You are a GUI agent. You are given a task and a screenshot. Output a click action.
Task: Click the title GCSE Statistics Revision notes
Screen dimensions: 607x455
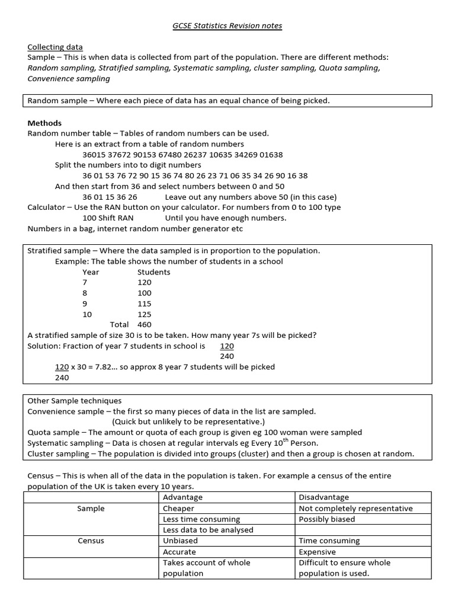(x=227, y=25)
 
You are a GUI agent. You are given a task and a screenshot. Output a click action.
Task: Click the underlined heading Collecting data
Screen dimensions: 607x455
(x=55, y=47)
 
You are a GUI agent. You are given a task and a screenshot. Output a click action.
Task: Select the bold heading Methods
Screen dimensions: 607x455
(x=44, y=123)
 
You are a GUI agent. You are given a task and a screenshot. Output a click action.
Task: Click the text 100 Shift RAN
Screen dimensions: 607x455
(x=108, y=218)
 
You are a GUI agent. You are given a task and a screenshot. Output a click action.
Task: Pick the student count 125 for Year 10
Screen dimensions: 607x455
(x=145, y=314)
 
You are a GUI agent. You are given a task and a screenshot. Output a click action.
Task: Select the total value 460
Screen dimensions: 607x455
(x=145, y=325)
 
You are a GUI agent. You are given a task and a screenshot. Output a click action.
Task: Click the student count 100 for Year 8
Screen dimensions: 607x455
(x=145, y=293)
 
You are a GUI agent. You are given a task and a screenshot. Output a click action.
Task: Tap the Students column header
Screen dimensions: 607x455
(x=153, y=272)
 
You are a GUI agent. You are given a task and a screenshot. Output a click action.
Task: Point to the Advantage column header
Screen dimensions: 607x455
(x=182, y=497)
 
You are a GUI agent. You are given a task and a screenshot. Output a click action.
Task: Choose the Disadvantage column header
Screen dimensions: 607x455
(x=323, y=497)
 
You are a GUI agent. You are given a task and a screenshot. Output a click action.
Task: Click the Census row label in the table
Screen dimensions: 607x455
(x=91, y=541)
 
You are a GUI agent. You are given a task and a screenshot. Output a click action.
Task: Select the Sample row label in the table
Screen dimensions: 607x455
(x=91, y=509)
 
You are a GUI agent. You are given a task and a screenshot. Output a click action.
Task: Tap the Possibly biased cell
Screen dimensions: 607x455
(x=327, y=519)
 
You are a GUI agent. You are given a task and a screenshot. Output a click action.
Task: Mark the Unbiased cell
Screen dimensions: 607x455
(x=180, y=541)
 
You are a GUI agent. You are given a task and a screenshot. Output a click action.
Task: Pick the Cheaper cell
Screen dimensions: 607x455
(x=178, y=509)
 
